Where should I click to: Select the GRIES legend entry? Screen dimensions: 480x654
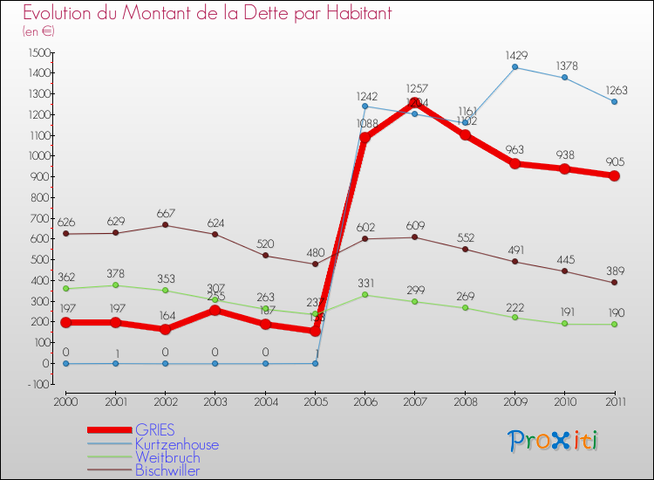tap(154, 429)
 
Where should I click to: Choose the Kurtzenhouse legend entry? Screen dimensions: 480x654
tap(176, 444)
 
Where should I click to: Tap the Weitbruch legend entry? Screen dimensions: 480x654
tap(167, 457)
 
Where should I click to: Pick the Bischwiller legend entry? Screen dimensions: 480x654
tap(167, 470)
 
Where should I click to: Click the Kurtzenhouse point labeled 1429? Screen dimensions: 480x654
tap(514, 67)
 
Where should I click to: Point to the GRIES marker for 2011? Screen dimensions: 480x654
tap(615, 175)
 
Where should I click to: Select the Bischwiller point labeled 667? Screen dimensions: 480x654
tap(166, 225)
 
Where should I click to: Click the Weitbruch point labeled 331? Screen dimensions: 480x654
tap(365, 295)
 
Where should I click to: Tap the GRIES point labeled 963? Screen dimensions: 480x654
tap(514, 163)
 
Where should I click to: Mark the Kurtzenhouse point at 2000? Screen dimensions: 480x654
tap(65, 363)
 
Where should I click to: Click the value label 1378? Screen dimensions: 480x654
tap(565, 65)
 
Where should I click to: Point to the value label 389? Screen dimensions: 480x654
tap(615, 270)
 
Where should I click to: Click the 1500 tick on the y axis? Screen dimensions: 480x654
tap(38, 52)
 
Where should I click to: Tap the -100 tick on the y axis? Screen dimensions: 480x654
tap(38, 384)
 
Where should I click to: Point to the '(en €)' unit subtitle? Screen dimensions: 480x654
tap(39, 31)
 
